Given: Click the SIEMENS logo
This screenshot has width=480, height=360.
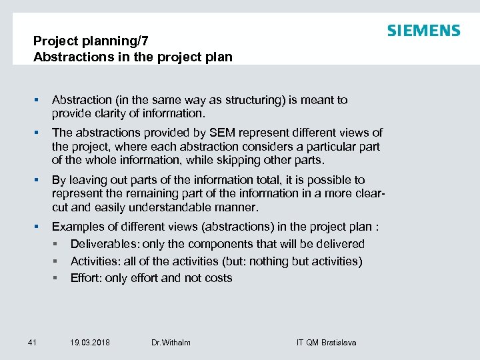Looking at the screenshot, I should coord(423,31).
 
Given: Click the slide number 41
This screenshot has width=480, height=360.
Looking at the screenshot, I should coord(32,343).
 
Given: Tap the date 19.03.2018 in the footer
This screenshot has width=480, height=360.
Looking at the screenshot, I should coord(90,343).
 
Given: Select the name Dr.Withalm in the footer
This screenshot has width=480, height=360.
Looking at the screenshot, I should coord(171,343).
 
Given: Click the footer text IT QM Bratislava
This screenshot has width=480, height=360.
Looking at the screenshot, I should coord(326,343).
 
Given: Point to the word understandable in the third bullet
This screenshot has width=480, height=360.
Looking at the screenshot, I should coord(179,207).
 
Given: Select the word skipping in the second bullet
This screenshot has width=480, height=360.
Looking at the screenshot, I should coord(251,160).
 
